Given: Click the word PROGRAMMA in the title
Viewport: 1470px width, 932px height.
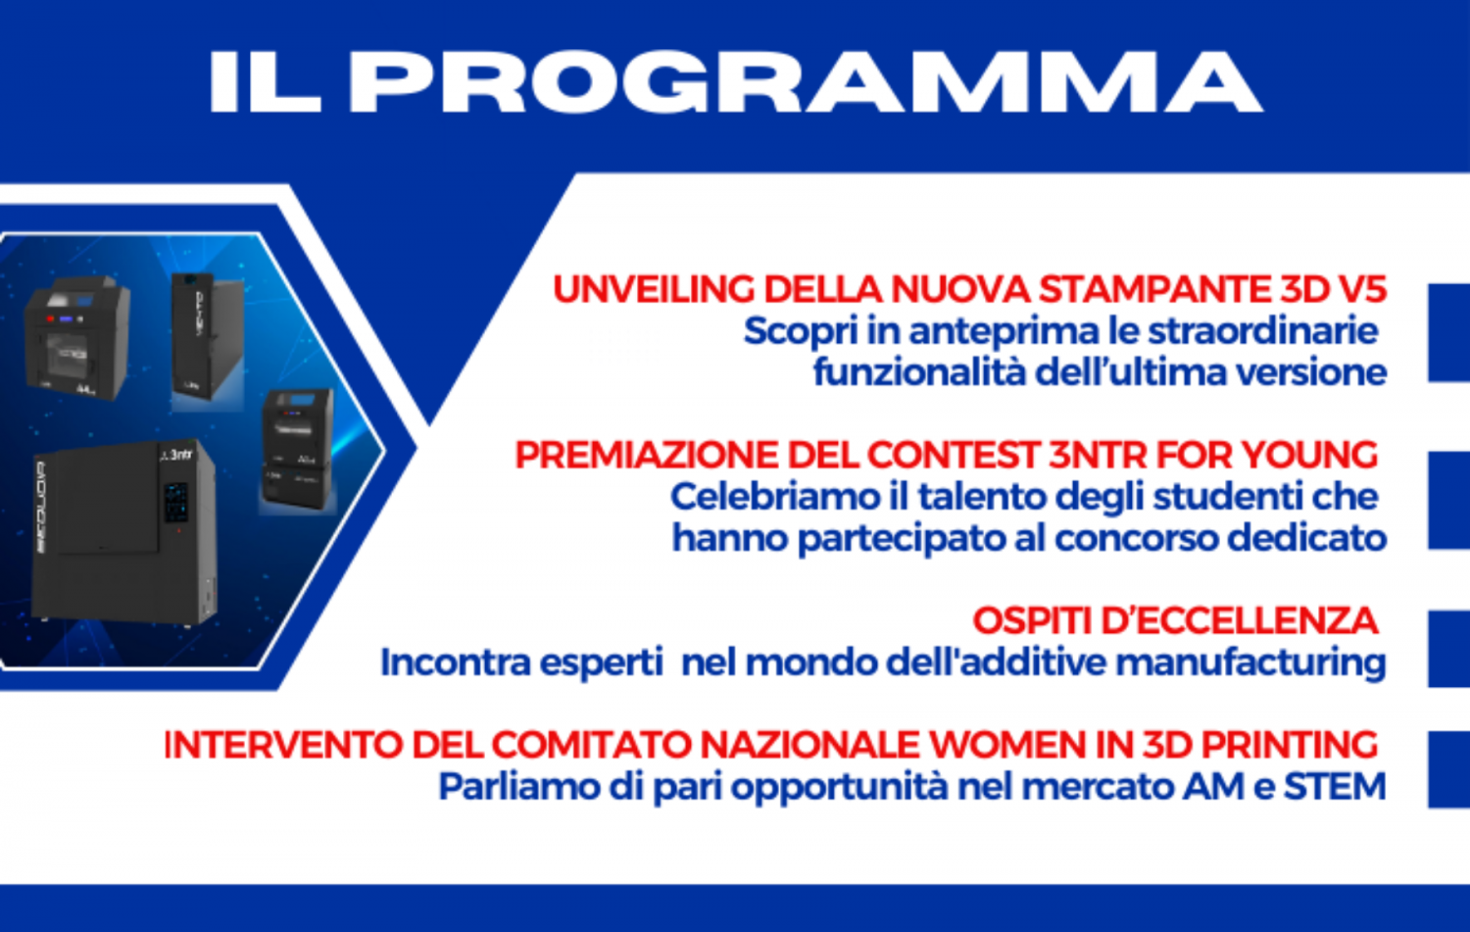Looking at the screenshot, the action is point(806,82).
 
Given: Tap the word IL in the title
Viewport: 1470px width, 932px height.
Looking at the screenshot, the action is point(266,82).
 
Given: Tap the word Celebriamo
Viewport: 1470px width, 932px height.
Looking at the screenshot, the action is point(774,497).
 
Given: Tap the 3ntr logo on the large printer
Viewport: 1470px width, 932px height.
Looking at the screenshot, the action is point(177,454).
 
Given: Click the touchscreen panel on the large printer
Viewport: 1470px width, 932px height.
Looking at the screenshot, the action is point(175,503).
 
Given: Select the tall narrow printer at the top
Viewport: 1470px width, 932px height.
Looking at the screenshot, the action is point(208,337).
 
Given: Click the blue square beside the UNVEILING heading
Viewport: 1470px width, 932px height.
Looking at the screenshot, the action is point(1449,333).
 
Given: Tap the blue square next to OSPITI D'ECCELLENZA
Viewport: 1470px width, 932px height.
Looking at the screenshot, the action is point(1449,649).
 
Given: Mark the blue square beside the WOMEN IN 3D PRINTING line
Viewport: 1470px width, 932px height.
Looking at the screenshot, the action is point(1449,769).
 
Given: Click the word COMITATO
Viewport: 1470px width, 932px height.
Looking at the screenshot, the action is point(593,745).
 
